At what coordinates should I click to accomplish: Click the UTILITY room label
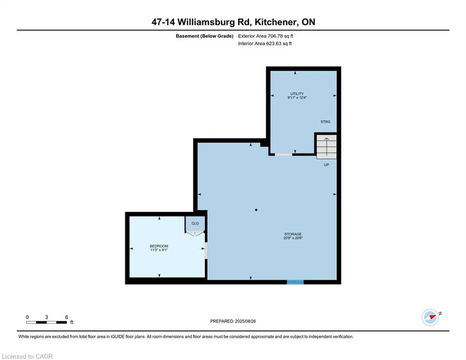[297, 94]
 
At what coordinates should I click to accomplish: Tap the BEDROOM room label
[159, 246]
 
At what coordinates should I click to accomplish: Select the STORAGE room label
[293, 234]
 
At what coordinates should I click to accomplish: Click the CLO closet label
[195, 224]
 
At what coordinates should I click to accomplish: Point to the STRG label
[325, 122]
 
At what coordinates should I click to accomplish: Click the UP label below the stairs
[326, 165]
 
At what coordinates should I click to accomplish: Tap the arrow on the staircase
[326, 146]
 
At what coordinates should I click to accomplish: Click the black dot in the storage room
[256, 210]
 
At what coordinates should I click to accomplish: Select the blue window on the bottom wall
[295, 282]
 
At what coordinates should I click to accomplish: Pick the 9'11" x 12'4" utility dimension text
[297, 98]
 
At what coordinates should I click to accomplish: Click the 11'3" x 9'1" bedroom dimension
[159, 250]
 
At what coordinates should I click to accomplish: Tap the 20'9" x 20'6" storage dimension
[293, 238]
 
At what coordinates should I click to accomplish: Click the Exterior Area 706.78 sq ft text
[266, 36]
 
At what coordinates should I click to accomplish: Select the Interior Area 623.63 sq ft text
[265, 44]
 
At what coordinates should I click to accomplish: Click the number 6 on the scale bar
[67, 317]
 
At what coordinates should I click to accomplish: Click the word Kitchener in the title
[277, 22]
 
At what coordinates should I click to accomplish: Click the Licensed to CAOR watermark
[28, 356]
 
